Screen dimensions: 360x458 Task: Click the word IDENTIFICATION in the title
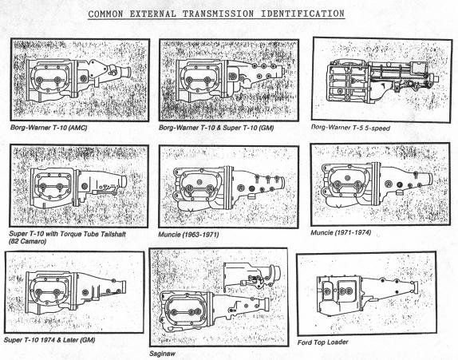300,14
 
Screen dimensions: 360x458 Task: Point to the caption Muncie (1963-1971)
188,235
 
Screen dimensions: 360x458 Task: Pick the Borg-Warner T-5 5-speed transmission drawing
373,78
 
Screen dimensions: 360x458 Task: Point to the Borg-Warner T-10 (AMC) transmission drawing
76,79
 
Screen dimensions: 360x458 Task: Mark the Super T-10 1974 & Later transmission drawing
72,291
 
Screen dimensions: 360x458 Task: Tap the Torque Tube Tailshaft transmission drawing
76,187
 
